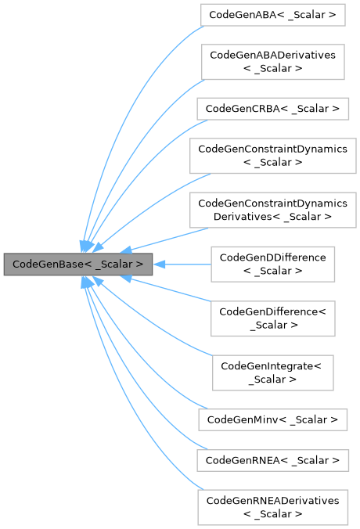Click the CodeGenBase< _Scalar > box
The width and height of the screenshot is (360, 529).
(x=77, y=264)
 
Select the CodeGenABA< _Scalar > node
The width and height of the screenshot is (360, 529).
(x=272, y=15)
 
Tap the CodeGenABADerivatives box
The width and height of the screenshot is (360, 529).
(x=272, y=62)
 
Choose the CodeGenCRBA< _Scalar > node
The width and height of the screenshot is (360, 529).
(x=272, y=109)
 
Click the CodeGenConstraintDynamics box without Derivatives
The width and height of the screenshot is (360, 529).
(x=272, y=155)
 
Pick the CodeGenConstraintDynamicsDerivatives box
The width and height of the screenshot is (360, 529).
(x=272, y=209)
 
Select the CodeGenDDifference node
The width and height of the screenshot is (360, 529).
(x=272, y=264)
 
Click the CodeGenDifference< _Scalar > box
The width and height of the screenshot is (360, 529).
(x=272, y=318)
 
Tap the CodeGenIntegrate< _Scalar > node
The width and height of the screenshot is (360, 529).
(x=272, y=372)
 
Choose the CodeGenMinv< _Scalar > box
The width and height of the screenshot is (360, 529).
(x=272, y=420)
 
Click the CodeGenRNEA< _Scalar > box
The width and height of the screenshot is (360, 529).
(x=272, y=460)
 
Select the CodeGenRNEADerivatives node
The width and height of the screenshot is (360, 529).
(x=272, y=506)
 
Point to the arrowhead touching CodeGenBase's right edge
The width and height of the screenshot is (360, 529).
(x=157, y=264)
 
